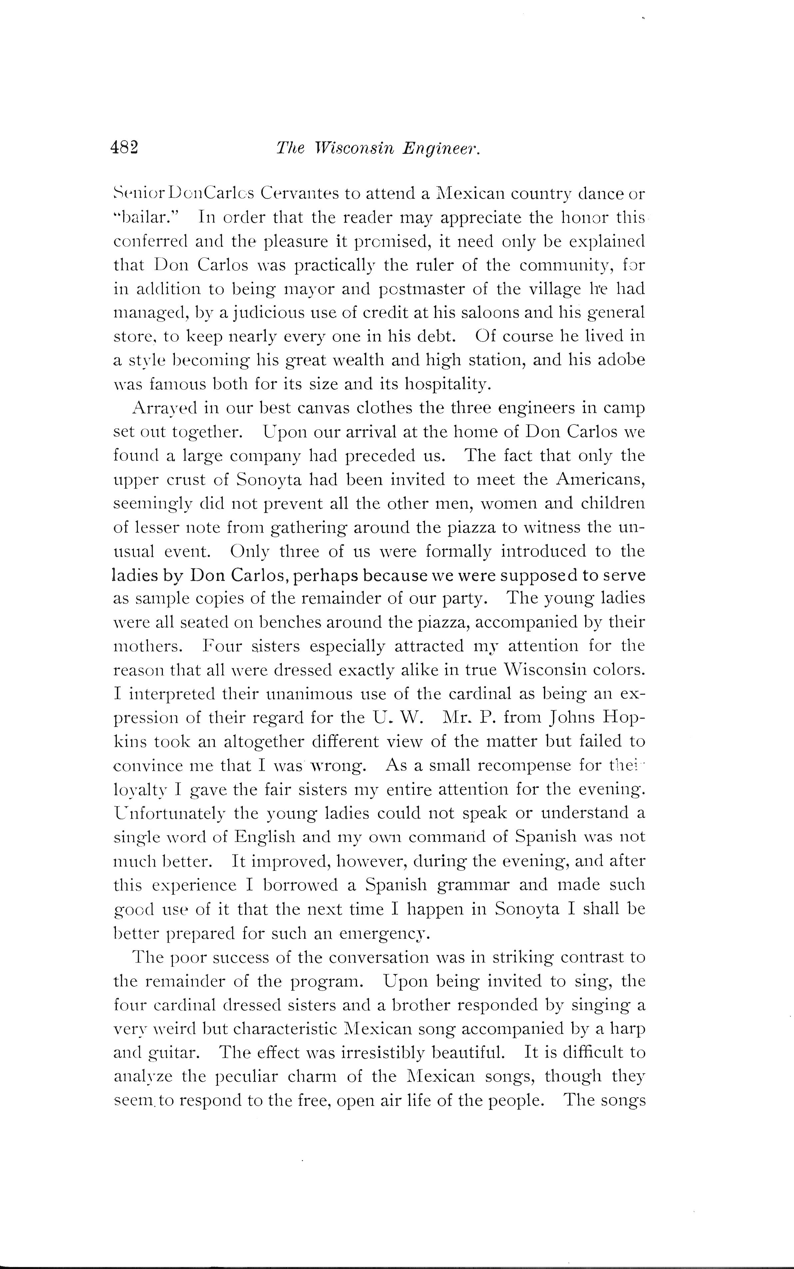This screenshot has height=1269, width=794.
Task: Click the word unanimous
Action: point(309,694)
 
